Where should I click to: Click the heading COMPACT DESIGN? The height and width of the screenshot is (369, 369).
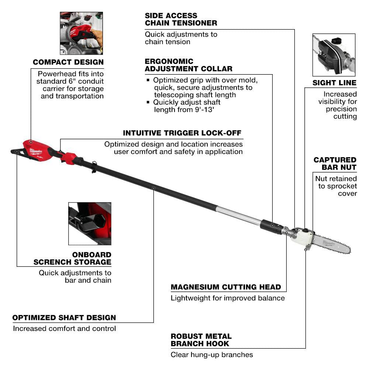tap(68, 62)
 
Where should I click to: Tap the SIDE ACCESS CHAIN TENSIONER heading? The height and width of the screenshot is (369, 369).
tap(181, 19)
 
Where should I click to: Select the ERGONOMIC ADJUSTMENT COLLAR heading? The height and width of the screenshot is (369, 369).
tap(189, 65)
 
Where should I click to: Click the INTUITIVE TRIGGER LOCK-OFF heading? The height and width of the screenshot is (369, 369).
tap(183, 133)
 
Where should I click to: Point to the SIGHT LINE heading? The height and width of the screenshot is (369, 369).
tap(334, 83)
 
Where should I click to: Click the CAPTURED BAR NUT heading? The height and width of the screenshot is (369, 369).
tap(335, 163)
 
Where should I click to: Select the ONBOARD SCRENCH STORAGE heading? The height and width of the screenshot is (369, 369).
tap(72, 258)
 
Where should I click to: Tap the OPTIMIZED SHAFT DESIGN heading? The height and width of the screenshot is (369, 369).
tap(64, 317)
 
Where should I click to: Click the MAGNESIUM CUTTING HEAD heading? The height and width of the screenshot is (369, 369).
tap(226, 287)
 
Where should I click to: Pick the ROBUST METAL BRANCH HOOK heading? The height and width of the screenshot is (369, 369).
tap(201, 340)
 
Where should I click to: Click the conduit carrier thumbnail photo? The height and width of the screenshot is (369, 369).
tap(81, 33)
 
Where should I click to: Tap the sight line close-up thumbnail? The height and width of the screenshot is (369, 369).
tap(334, 55)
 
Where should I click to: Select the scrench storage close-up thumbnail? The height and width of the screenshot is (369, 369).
tap(90, 223)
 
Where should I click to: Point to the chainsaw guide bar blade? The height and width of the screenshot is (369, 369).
tap(332, 245)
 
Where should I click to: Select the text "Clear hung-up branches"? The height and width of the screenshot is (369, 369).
tap(211, 355)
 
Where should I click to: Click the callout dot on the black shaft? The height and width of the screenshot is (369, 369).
tap(154, 188)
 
